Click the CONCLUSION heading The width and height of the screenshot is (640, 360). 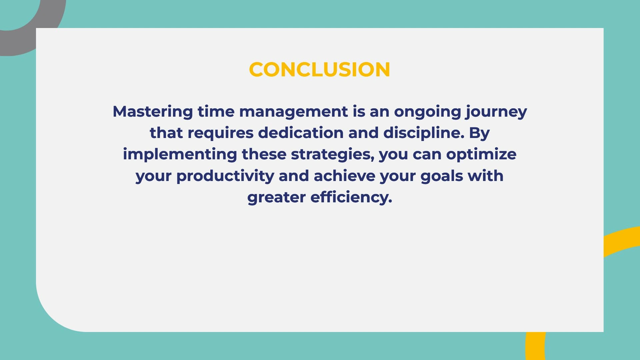point(319,70)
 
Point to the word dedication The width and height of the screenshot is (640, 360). point(301,133)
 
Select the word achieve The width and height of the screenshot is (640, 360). point(345,176)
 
